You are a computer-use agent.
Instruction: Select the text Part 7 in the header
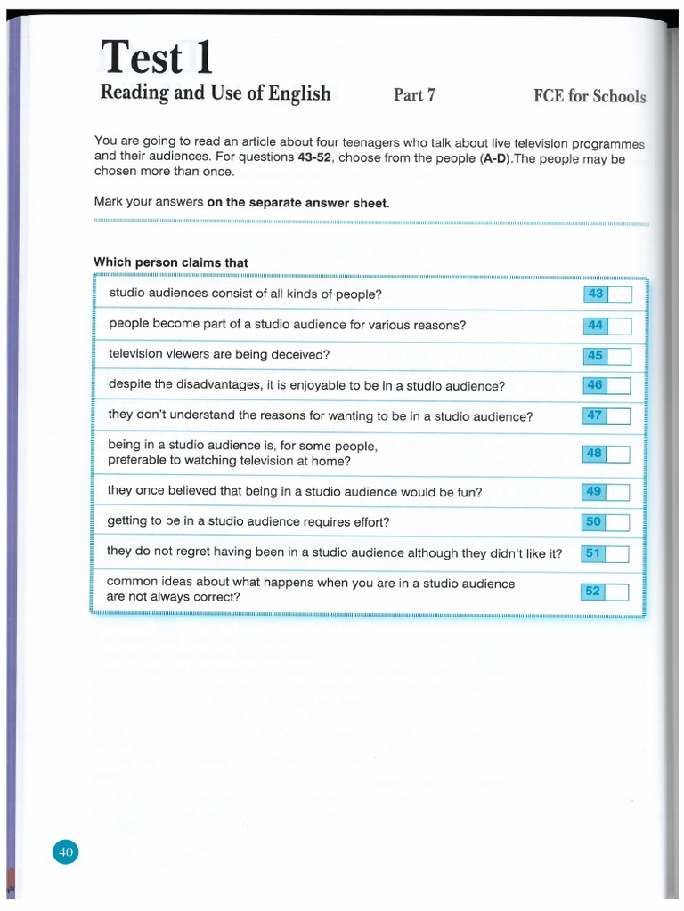[414, 94]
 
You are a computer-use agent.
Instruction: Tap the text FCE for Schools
[583, 96]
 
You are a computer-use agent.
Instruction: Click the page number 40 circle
[65, 852]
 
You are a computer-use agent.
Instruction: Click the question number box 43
[596, 294]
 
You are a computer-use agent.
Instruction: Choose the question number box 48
[594, 454]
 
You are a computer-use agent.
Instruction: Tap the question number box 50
[593, 522]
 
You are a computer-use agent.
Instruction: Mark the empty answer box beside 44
[620, 326]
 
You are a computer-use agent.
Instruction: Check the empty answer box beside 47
[619, 415]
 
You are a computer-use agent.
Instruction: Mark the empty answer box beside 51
[618, 553]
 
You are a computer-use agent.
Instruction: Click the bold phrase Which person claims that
[171, 262]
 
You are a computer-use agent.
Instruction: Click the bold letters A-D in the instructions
[468, 157]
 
